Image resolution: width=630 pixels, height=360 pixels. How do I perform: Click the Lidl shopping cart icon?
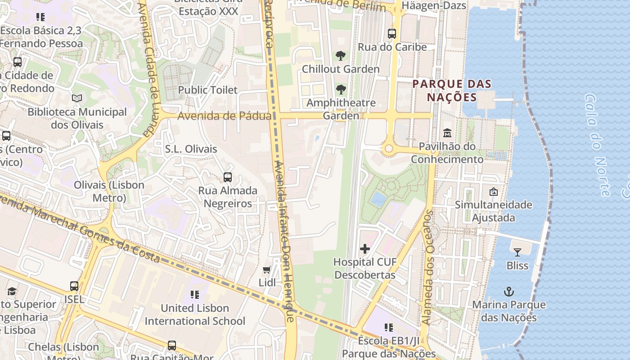click(x=266, y=270)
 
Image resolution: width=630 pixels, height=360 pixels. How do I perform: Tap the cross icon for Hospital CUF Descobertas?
click(x=365, y=248)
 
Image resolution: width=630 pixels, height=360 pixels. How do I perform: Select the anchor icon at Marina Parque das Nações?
click(x=508, y=292)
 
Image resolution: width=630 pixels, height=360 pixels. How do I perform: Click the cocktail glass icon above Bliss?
click(x=517, y=252)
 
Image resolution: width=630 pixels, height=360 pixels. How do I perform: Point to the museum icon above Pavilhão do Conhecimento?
click(x=447, y=133)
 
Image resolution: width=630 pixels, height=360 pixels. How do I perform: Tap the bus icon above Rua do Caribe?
click(x=392, y=33)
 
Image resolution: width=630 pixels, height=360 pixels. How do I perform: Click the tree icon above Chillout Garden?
click(x=341, y=56)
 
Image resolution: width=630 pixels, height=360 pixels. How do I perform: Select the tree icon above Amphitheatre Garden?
click(x=341, y=89)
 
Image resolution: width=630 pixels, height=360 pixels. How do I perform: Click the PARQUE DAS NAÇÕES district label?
click(x=452, y=90)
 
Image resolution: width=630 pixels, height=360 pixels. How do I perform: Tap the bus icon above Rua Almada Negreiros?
click(x=228, y=177)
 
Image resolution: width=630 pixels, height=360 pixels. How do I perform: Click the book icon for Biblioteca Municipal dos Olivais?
click(x=77, y=98)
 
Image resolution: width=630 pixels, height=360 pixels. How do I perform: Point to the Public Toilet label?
click(x=207, y=90)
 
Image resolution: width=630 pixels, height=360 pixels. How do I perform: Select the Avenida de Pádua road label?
click(x=224, y=116)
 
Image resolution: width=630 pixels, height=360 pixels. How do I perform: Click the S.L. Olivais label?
click(x=191, y=149)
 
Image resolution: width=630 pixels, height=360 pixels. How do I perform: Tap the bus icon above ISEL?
click(x=74, y=286)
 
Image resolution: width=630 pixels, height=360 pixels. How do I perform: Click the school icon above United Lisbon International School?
click(x=194, y=295)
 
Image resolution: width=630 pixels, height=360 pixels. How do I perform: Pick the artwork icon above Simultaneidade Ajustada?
click(x=493, y=192)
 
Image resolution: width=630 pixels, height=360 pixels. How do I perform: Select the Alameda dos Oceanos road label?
click(x=427, y=268)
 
